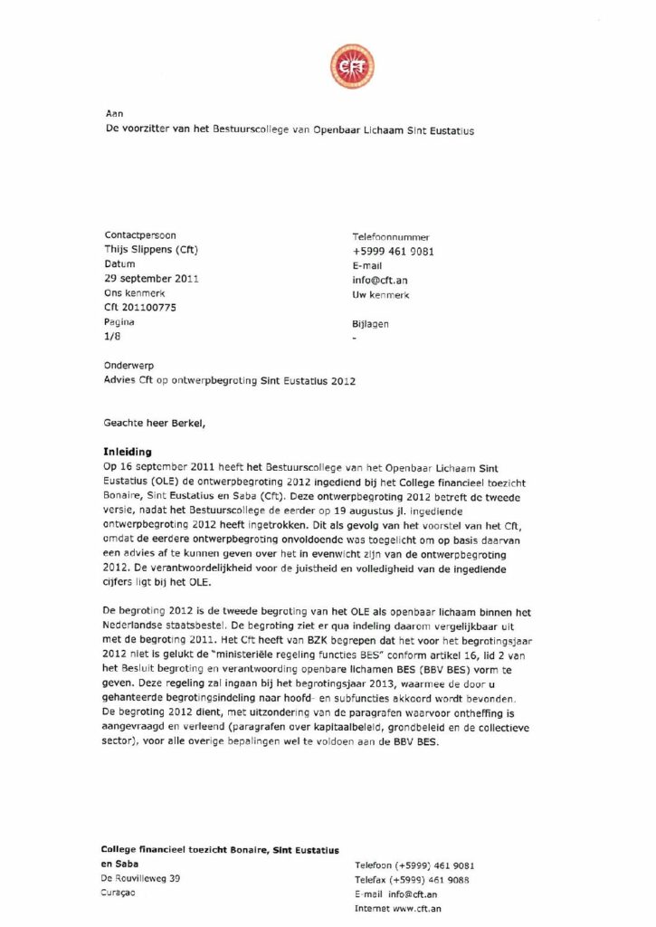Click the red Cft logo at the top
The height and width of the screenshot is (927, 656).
352,66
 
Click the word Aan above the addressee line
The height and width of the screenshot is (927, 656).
114,114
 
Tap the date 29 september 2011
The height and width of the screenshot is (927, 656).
152,278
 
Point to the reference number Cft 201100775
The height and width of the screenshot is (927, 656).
141,308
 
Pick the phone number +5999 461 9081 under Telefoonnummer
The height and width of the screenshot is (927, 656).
393,252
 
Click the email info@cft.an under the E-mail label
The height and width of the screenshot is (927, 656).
380,281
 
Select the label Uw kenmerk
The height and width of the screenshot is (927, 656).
381,295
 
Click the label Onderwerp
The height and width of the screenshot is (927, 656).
131,366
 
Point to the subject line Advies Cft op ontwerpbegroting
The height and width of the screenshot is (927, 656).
230,381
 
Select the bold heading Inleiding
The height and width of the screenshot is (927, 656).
128,450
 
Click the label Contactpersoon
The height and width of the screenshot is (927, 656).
141,235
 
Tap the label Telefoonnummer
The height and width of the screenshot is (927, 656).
391,236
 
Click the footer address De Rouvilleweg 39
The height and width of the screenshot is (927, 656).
141,878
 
